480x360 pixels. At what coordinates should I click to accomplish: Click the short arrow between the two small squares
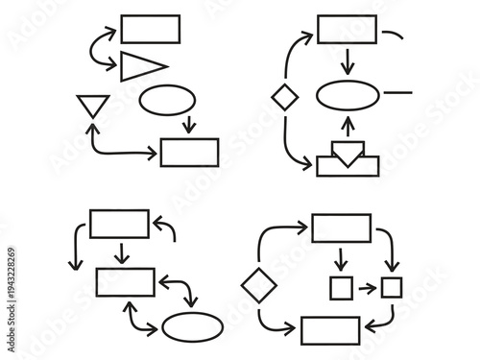coord(366,286)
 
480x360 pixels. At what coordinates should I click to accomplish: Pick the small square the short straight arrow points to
coord(391,286)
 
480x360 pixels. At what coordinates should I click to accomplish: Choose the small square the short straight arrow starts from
coord(341,286)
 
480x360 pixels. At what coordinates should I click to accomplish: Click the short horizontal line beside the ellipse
coord(396,94)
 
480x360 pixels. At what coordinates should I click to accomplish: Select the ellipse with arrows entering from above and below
coord(348,97)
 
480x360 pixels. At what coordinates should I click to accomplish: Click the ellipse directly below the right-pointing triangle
coord(166,100)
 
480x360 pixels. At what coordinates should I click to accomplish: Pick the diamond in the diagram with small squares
coord(258,285)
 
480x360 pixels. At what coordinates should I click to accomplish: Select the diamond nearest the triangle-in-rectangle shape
coord(283,97)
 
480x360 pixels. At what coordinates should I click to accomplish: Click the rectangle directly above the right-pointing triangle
coord(151,29)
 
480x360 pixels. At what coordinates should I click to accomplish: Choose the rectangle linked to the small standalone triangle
coord(189,153)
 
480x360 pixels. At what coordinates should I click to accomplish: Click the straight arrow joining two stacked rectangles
coord(120,254)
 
